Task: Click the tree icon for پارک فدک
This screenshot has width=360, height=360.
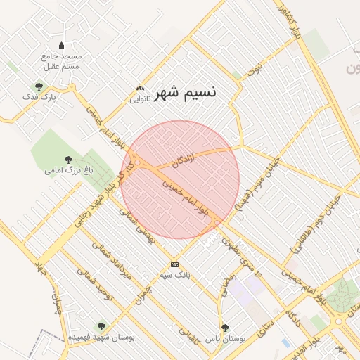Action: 38,86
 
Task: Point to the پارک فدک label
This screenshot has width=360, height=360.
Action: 38,97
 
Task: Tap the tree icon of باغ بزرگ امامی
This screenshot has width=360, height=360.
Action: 68,160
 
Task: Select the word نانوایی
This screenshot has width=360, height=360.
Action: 140,99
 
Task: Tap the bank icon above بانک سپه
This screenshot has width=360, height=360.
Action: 174,264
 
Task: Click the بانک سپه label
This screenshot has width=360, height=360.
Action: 174,275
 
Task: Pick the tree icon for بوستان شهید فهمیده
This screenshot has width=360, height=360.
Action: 102,326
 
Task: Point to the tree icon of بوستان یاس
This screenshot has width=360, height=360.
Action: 225,328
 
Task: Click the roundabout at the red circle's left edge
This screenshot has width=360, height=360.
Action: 139,164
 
